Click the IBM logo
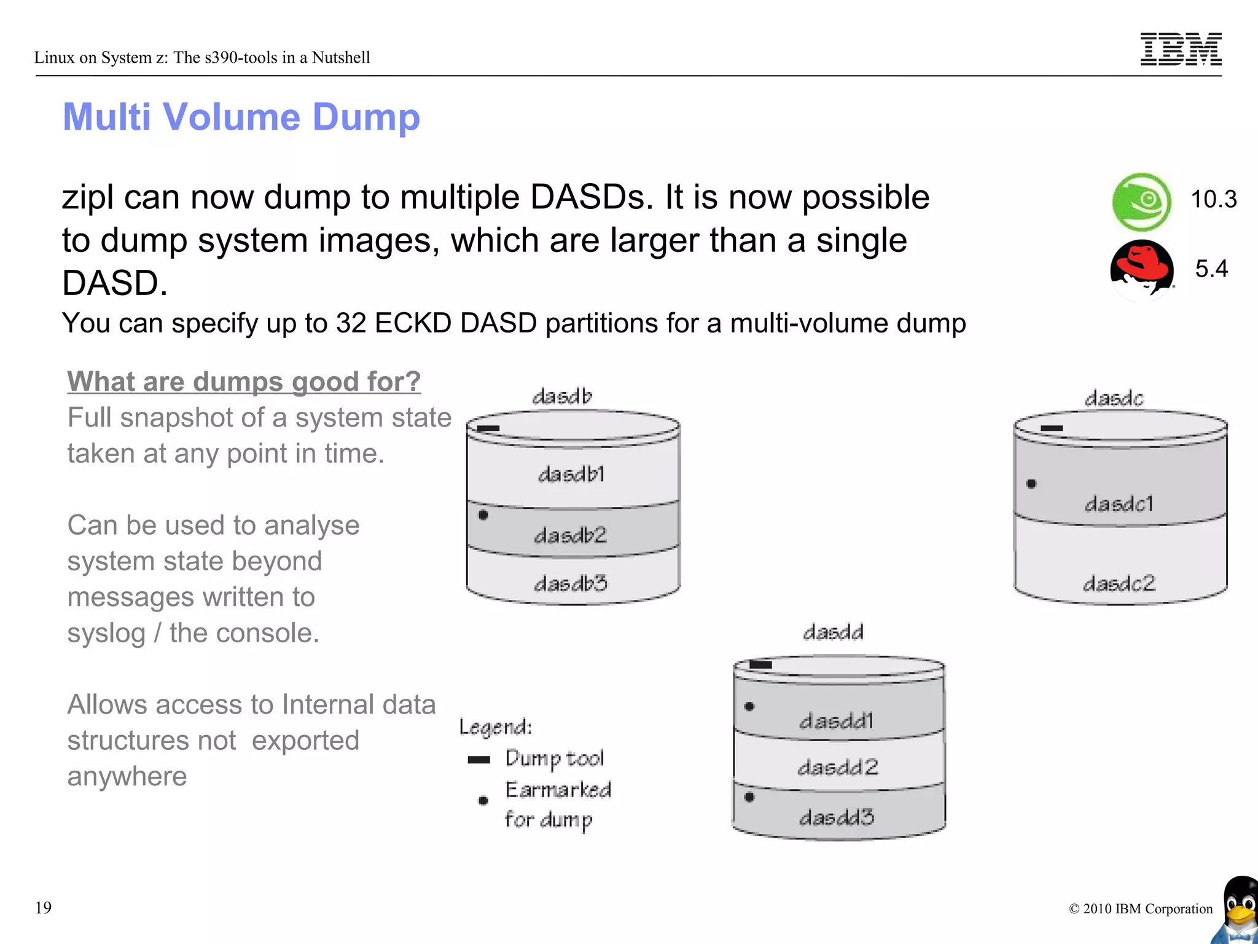(1181, 49)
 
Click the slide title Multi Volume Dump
(241, 117)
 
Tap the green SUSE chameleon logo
(1141, 202)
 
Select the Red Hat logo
(1141, 269)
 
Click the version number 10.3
(1213, 200)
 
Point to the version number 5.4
(1211, 269)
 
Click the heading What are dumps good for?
(244, 382)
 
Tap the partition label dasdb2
(571, 535)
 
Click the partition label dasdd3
(837, 817)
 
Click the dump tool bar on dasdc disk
(1052, 428)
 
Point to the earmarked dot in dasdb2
(483, 515)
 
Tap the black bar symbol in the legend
(479, 760)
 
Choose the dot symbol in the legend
(483, 800)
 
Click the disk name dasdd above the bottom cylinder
(834, 632)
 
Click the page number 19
(44, 908)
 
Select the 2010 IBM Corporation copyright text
(1141, 909)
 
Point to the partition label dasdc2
(1119, 583)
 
